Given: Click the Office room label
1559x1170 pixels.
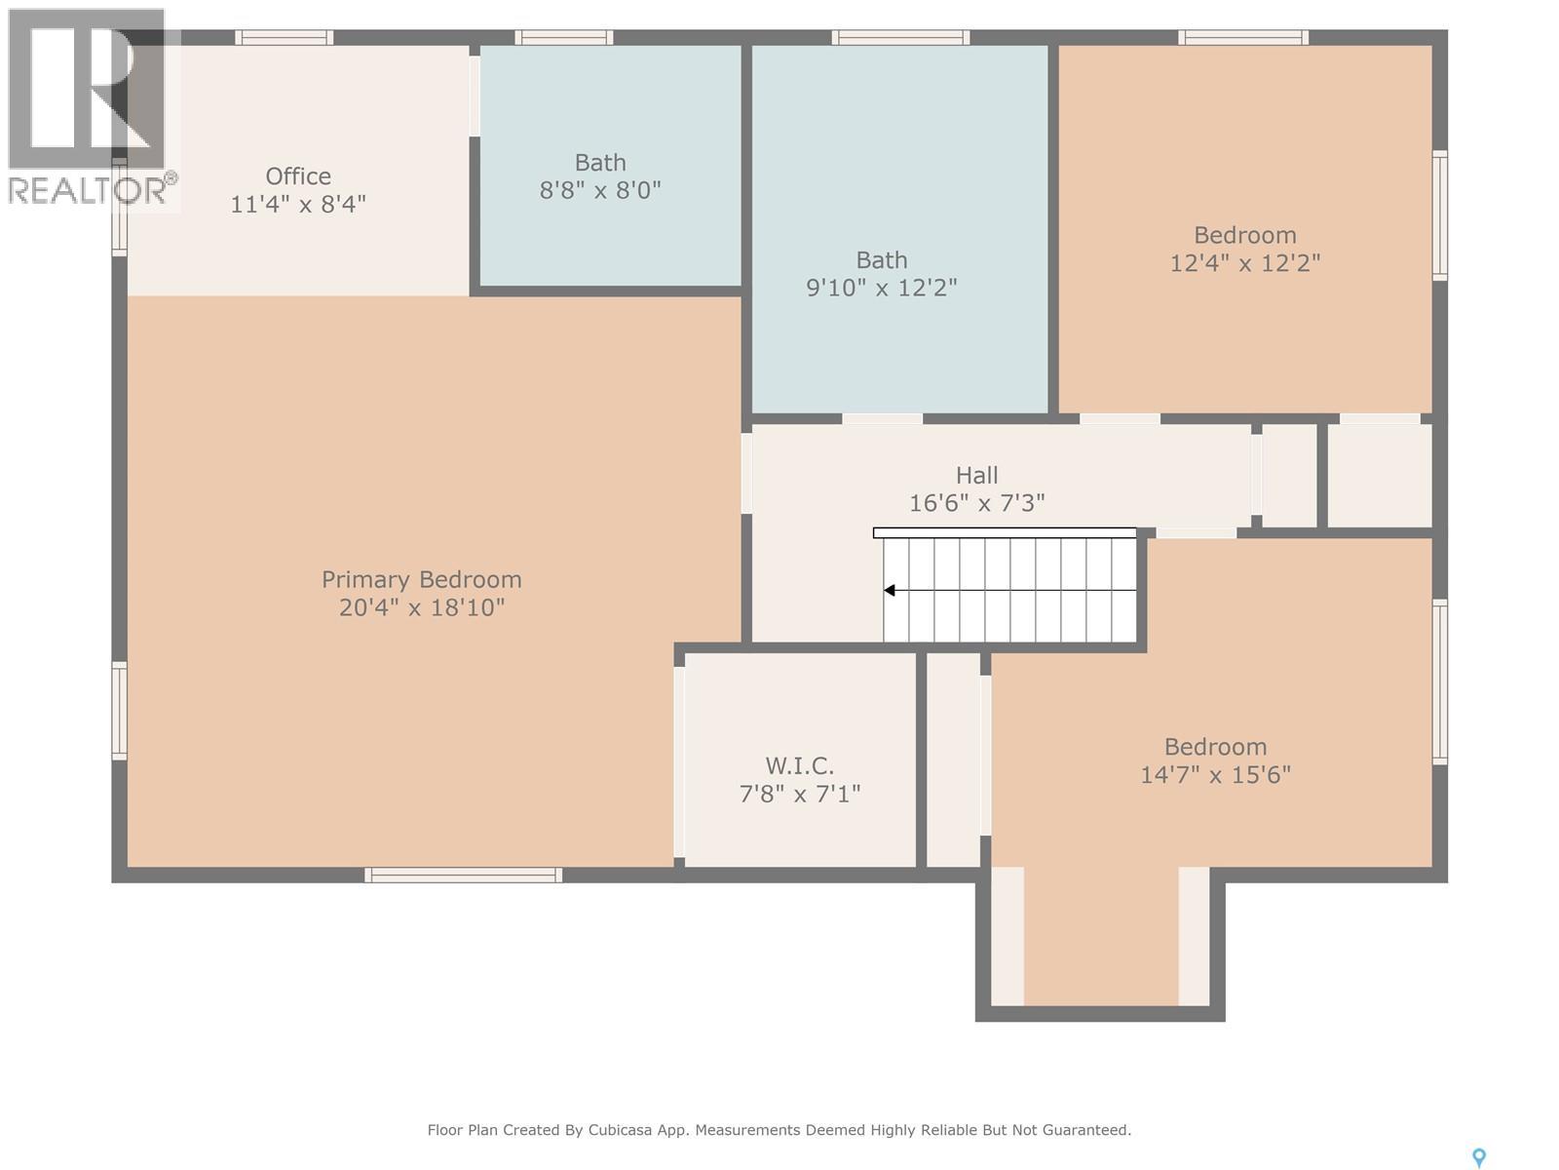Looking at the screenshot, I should pos(298,176).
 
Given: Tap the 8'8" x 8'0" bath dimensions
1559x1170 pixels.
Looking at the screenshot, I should pos(600,190).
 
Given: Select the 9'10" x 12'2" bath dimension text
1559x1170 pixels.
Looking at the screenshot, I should pos(882,288).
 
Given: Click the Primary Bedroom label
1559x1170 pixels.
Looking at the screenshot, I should pos(421,579).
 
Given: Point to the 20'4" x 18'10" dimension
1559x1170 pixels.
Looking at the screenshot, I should pos(421,607).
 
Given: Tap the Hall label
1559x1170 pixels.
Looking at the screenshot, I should pos(976,475).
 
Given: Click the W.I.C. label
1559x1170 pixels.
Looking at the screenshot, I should pos(799,765).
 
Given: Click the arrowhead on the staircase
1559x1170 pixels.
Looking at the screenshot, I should pos(890,590).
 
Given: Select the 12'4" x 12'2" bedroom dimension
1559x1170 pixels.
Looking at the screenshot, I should pos(1244,263).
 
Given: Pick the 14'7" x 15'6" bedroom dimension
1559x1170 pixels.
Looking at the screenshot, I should pos(1215,775).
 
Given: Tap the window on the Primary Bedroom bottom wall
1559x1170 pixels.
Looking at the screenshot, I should pos(463,875).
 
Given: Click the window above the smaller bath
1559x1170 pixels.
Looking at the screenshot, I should pos(564,38).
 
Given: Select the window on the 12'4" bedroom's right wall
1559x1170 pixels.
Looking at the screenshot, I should pos(1439,214).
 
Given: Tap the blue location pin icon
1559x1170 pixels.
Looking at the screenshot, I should pos(1478,1156).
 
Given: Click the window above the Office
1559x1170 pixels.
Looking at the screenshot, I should pos(284,38).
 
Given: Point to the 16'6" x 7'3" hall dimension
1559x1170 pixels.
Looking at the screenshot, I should pos(976,503).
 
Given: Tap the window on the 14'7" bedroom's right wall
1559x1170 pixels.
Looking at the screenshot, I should pos(1439,680).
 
